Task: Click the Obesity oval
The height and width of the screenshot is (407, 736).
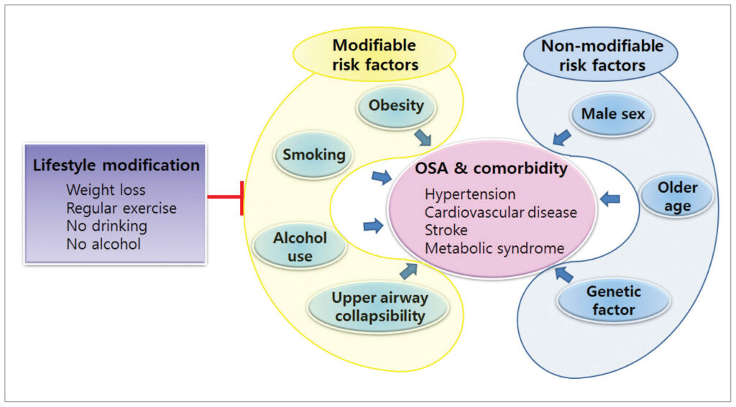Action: pos(396,106)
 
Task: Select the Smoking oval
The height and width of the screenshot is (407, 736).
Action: pos(313,155)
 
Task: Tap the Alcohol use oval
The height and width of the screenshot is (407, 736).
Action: pos(300,246)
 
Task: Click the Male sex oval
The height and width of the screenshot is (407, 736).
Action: pos(613,114)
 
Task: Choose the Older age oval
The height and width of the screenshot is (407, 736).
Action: pos(677,197)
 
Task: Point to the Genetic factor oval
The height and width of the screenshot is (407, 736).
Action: pos(614,301)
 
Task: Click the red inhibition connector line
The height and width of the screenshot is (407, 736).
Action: pos(224,197)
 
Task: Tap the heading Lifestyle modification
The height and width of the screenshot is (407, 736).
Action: pos(116,165)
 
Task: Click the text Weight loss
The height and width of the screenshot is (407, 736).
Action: pos(106,191)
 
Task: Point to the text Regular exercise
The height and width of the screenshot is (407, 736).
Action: pos(121,209)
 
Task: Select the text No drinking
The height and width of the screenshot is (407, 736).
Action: pos(106,227)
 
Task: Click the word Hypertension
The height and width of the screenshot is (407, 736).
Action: pos(470,195)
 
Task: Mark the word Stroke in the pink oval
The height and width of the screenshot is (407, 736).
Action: pos(446,231)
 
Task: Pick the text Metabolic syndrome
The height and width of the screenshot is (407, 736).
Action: pos(494,249)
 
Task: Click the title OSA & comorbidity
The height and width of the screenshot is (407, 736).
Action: pos(491,170)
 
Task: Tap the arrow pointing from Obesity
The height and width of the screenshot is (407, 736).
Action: pos(423,135)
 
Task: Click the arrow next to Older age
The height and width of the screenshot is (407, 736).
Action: pos(609,199)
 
